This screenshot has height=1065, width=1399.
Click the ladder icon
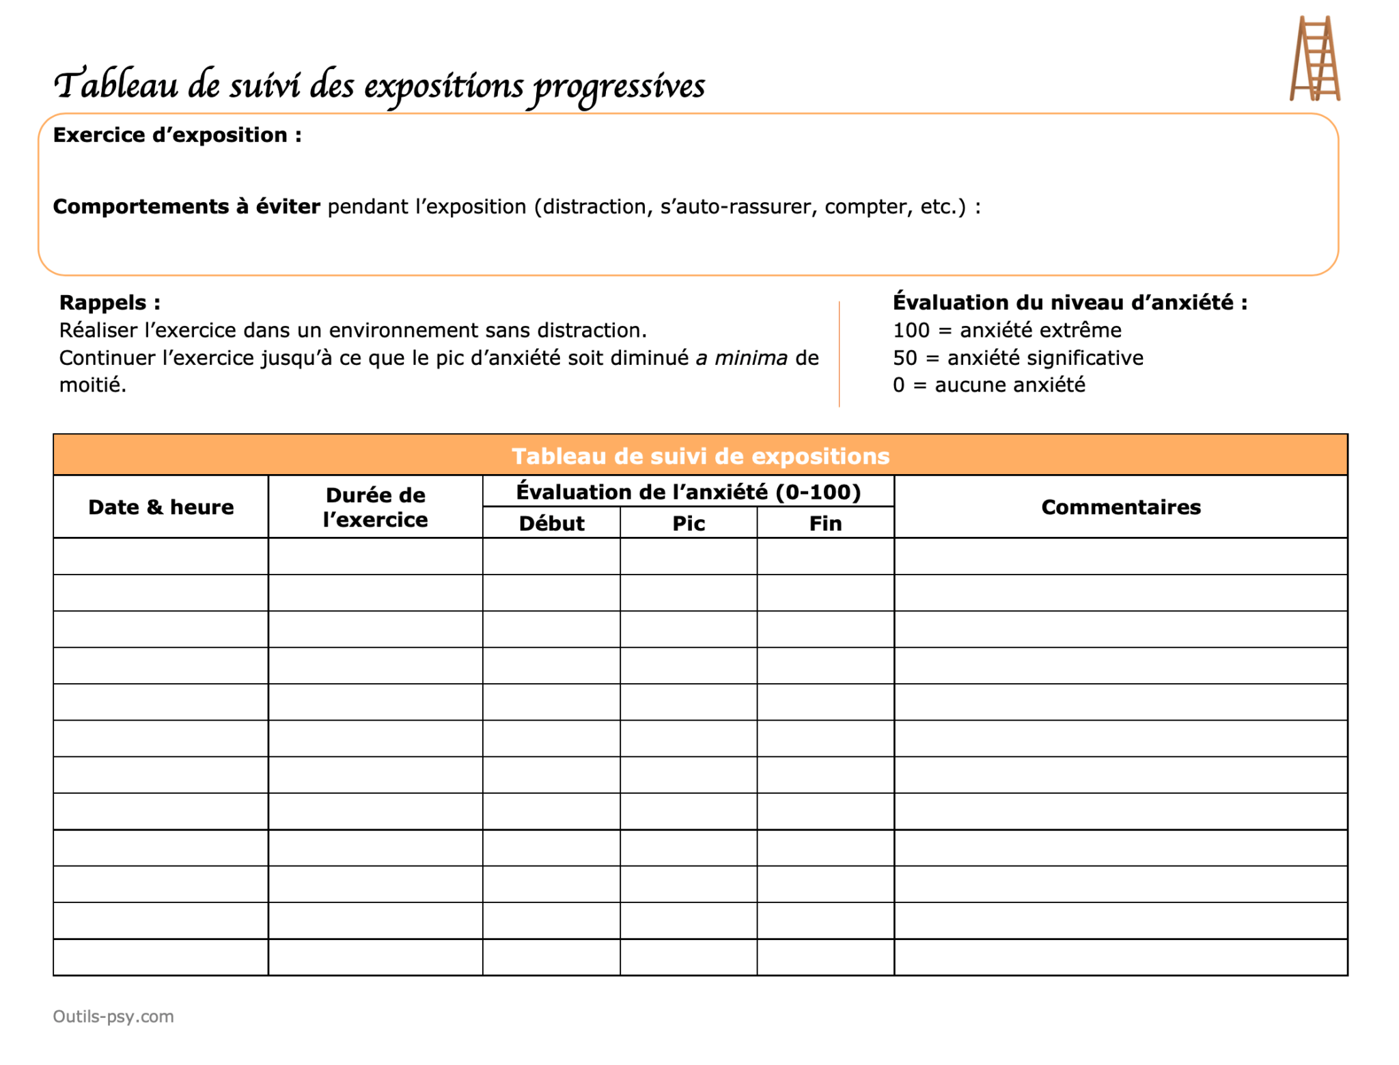(x=1314, y=59)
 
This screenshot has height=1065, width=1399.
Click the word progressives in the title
(x=619, y=87)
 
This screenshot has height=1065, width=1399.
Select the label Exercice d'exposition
(x=177, y=135)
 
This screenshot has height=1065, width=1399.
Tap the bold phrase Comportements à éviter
(x=186, y=206)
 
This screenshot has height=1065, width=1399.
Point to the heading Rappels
(x=109, y=303)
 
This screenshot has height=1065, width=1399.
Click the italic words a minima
(x=741, y=358)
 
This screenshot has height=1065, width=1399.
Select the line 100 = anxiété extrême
(x=1006, y=331)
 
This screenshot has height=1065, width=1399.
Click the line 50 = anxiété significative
(x=1017, y=358)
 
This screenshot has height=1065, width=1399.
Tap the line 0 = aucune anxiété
(x=988, y=385)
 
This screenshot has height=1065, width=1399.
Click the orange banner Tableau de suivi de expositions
(x=700, y=456)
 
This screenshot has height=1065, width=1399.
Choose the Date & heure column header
(x=161, y=507)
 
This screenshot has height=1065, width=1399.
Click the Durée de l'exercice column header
(x=375, y=507)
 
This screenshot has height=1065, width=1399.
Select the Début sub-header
(x=551, y=523)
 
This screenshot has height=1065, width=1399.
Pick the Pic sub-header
(x=689, y=523)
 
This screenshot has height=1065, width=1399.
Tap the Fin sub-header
(x=825, y=523)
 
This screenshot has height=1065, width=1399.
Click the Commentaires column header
(x=1120, y=507)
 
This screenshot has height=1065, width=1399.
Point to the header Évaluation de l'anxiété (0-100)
(x=688, y=492)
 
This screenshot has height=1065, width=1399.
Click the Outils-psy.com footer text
(x=113, y=1016)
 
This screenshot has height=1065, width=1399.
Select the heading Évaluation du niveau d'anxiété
(x=1070, y=303)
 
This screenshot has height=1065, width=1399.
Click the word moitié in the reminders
(x=92, y=385)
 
